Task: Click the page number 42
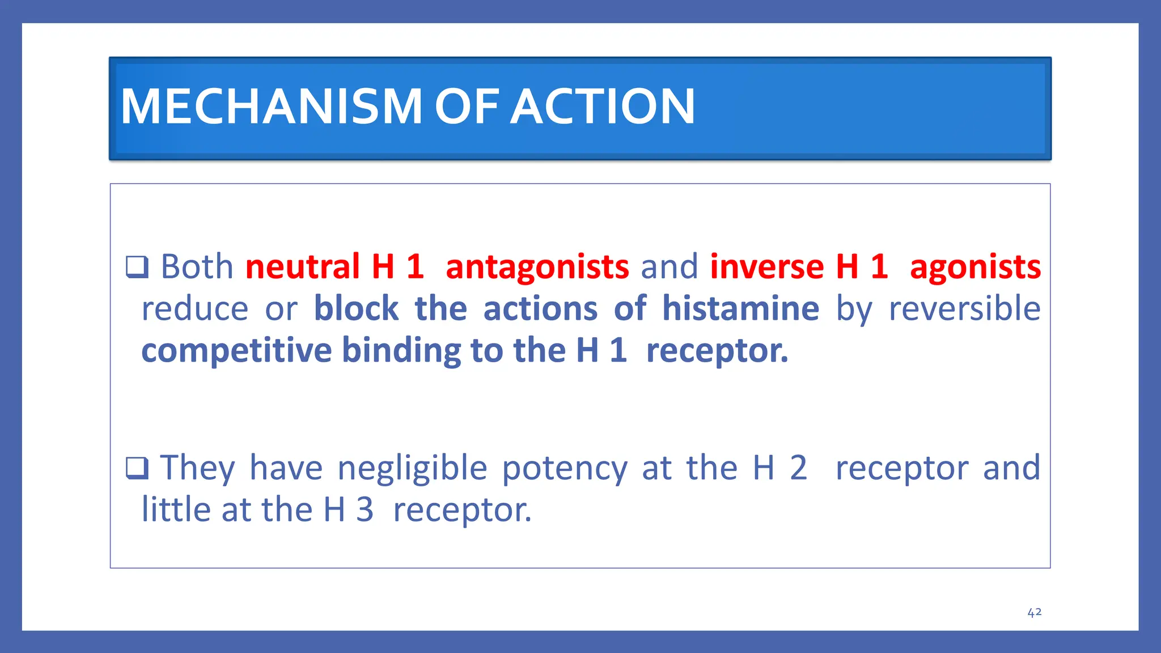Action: pyautogui.click(x=1034, y=612)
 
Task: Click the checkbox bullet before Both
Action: pyautogui.click(x=137, y=266)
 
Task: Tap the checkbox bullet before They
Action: pyautogui.click(x=137, y=468)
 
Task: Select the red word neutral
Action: pyautogui.click(x=303, y=266)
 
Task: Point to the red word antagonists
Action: pyautogui.click(x=537, y=268)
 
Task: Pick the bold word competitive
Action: pyautogui.click(x=236, y=351)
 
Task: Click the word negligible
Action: pyautogui.click(x=412, y=469)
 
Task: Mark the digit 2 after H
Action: pyautogui.click(x=798, y=468)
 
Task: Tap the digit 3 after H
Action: pyautogui.click(x=365, y=510)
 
